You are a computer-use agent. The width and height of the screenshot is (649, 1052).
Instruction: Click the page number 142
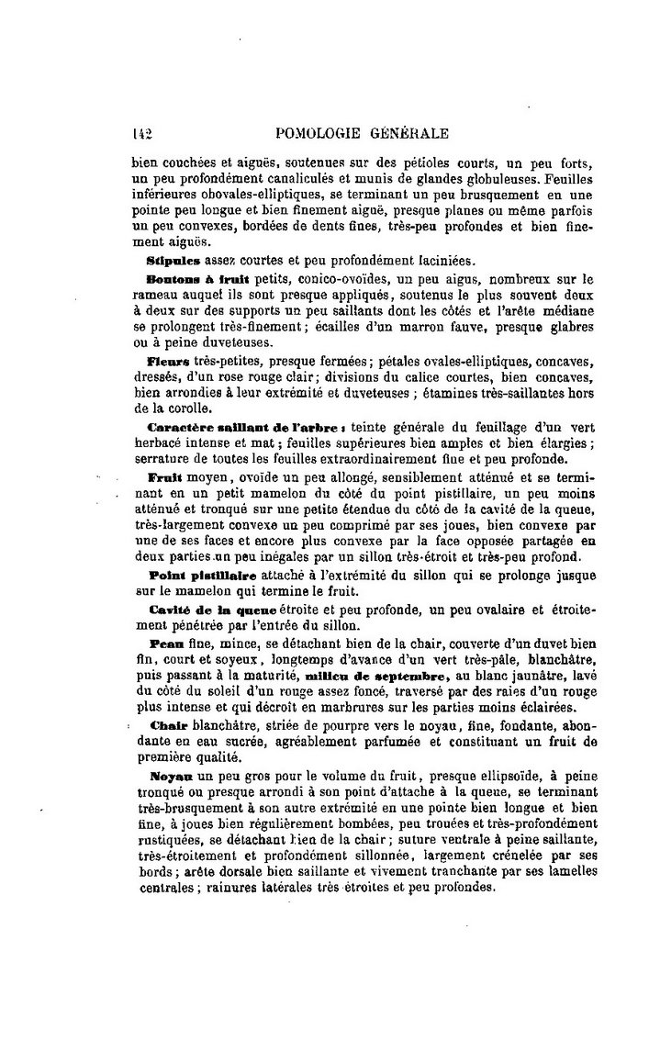pyautogui.click(x=141, y=134)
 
